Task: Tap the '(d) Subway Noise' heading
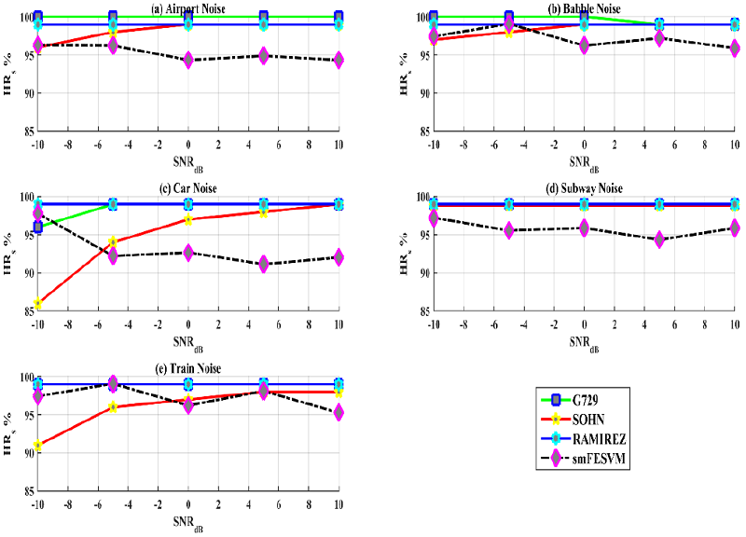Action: pyautogui.click(x=584, y=189)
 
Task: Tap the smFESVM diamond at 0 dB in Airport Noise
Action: pyautogui.click(x=188, y=60)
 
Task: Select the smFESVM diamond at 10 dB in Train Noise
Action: pyautogui.click(x=338, y=413)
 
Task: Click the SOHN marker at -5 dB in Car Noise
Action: pyautogui.click(x=113, y=242)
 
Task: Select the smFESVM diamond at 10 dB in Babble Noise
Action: pyautogui.click(x=735, y=48)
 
